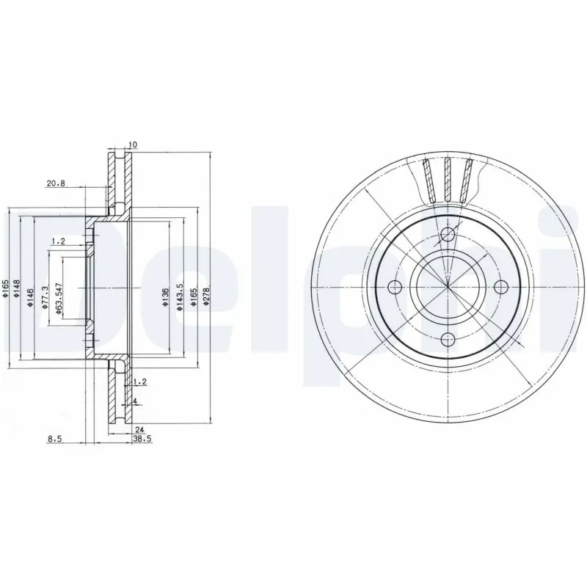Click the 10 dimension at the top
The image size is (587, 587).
pos(132,145)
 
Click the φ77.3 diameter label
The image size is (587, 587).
pos(45,298)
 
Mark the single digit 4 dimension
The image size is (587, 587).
pos(136,401)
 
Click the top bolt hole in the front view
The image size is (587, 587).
pos(448,235)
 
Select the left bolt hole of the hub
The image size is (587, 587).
pos(395,287)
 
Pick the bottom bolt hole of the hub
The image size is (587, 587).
pos(448,340)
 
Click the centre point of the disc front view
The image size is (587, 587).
pos(448,287)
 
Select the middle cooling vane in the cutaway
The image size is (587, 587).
pos(446,178)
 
